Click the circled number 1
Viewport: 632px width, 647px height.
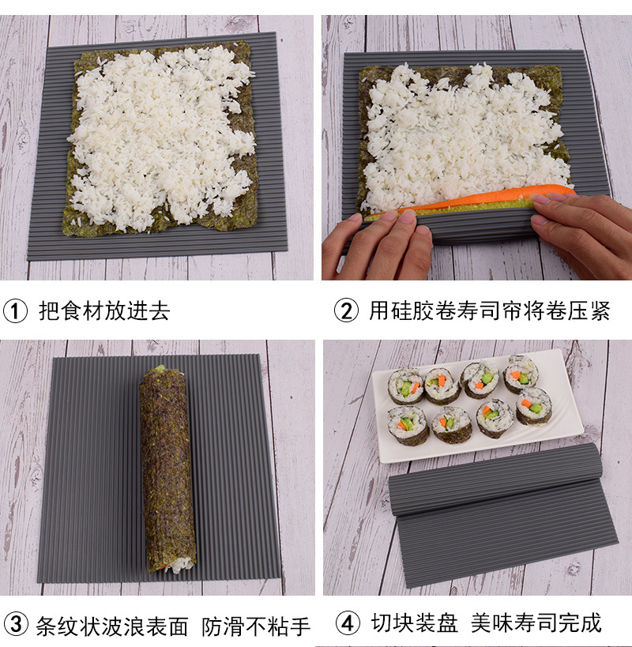click(16, 310)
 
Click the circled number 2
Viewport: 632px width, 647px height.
click(346, 310)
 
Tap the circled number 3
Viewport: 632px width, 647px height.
click(16, 626)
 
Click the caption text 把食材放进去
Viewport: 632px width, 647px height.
click(104, 310)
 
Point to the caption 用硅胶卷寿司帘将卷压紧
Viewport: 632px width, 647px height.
click(490, 310)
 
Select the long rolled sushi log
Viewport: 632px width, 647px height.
click(167, 466)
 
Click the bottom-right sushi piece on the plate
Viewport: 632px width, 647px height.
click(535, 406)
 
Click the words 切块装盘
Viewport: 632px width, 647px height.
click(415, 623)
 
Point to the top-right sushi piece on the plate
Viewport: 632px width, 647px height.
click(522, 372)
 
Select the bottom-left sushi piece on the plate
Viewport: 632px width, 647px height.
click(408, 423)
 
